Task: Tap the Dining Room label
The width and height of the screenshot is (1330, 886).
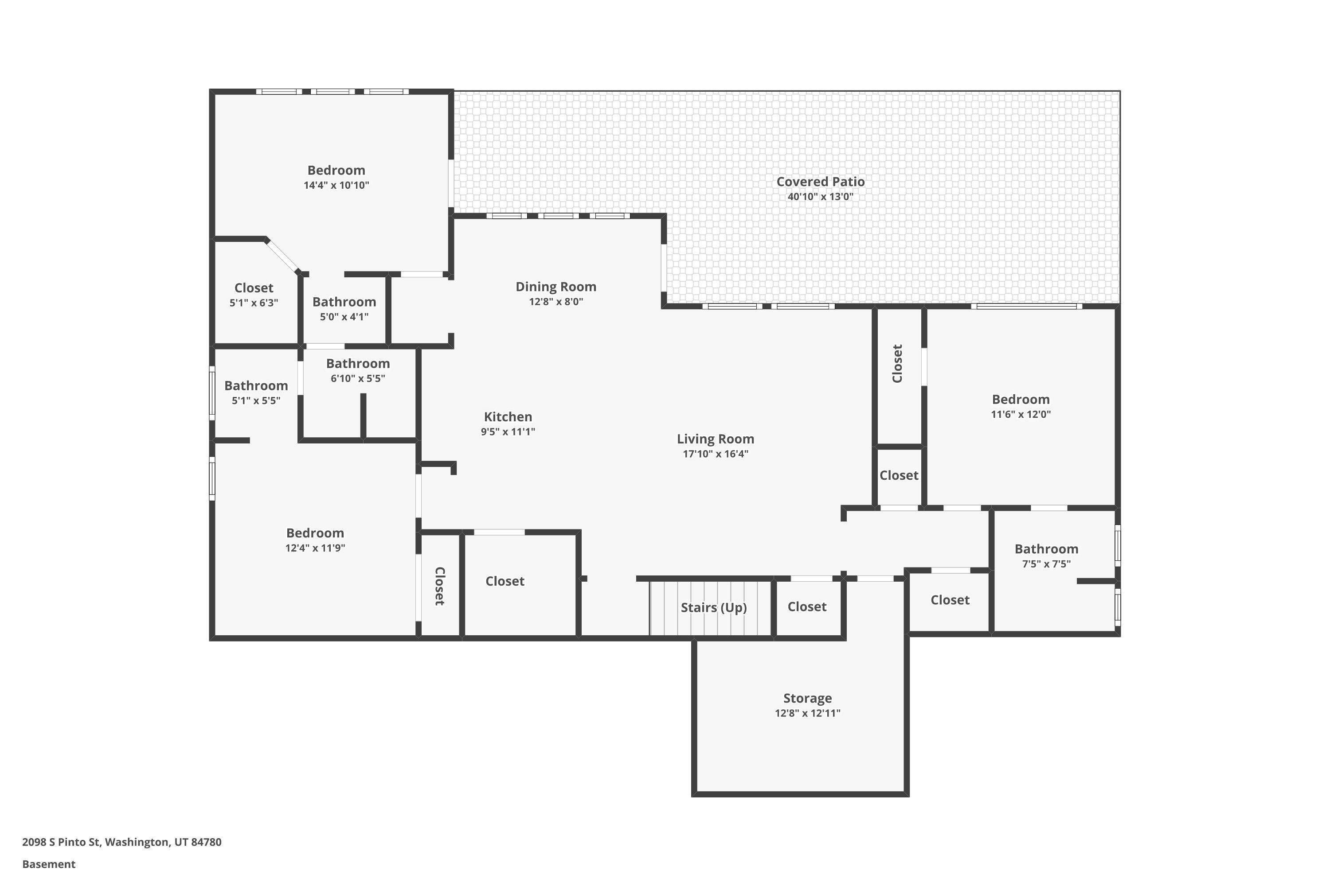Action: [x=555, y=287]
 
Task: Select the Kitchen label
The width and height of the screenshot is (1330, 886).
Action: [x=508, y=417]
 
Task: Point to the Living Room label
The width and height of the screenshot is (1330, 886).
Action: [x=716, y=439]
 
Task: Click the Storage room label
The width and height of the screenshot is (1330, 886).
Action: [x=807, y=699]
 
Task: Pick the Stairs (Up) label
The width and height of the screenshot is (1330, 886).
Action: [x=714, y=607]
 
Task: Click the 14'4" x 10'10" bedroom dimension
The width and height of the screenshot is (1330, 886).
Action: [x=336, y=185]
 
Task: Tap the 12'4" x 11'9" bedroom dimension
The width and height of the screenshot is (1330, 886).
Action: [x=315, y=548]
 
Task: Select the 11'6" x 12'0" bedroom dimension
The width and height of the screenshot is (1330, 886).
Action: [x=1021, y=414]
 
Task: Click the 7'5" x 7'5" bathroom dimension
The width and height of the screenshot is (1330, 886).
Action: [x=1046, y=564]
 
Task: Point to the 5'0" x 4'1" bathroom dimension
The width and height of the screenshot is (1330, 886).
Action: [x=344, y=317]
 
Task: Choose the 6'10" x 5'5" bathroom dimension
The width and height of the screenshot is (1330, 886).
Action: [x=358, y=379]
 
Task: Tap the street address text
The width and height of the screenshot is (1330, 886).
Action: [x=121, y=842]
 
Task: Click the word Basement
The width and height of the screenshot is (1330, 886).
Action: [x=49, y=864]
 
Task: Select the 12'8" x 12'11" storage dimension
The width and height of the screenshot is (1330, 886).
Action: [x=807, y=713]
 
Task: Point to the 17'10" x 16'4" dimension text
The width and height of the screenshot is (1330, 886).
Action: [x=716, y=454]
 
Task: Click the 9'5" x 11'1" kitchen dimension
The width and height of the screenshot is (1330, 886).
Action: [x=508, y=431]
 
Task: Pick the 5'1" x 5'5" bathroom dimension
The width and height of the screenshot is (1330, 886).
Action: [x=256, y=400]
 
